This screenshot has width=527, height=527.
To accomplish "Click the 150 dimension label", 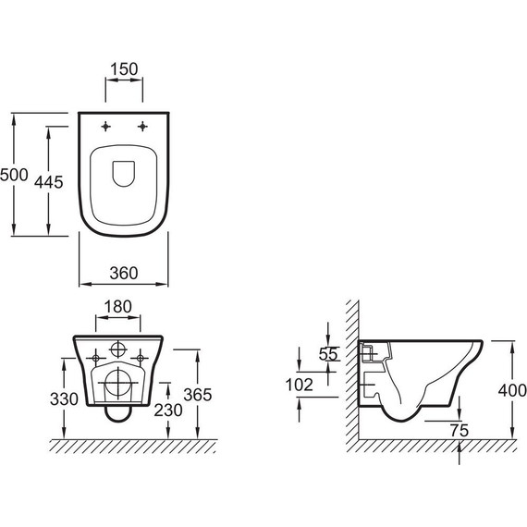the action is coord(124,69).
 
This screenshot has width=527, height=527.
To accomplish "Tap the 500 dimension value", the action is coord(14,175).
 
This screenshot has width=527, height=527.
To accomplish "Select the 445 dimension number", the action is coord(49,182).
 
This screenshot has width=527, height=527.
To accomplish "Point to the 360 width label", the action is coord(124,274).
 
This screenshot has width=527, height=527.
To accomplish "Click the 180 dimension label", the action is coord(118,307).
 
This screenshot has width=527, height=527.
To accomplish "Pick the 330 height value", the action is coord(64,398).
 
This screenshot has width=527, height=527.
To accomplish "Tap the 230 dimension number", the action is coord(168,410).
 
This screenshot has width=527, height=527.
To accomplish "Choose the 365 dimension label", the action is coord(198,395).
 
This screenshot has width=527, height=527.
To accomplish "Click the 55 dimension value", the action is coord(328,354).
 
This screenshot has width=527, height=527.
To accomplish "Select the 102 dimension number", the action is coord(300,385).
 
